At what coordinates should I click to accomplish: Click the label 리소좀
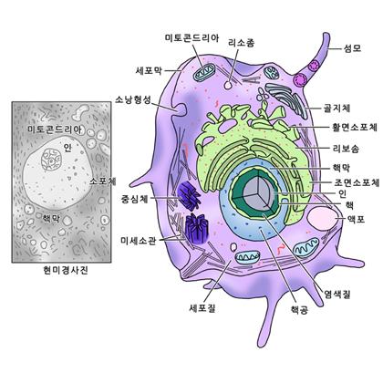(x=242, y=43)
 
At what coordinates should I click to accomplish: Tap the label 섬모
(x=352, y=48)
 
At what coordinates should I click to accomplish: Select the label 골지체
(x=336, y=109)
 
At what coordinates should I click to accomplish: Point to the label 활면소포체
(x=355, y=127)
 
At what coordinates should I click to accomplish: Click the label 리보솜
(x=346, y=149)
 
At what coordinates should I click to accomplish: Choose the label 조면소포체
(x=357, y=182)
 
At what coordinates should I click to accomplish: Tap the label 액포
(x=356, y=219)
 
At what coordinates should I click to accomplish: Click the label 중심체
(x=135, y=199)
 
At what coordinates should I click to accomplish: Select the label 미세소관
(x=139, y=241)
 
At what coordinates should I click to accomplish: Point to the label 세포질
(x=202, y=308)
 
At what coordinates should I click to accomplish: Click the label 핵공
(x=299, y=310)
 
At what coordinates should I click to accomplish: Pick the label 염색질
(x=337, y=294)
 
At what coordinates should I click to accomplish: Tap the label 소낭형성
(x=133, y=99)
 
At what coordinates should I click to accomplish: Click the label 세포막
(x=149, y=71)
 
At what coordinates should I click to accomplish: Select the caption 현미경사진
(x=66, y=270)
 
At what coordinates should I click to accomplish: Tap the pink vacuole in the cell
(x=322, y=220)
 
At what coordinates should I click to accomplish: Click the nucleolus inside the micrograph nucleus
(x=51, y=159)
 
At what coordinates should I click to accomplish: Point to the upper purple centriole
(x=189, y=196)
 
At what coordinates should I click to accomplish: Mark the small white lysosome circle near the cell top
(x=228, y=85)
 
